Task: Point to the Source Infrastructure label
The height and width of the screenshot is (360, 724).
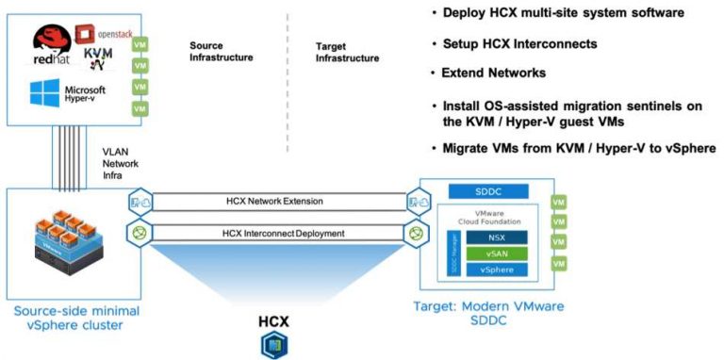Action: [x=221, y=51]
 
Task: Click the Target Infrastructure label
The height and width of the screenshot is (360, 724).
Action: [x=347, y=51]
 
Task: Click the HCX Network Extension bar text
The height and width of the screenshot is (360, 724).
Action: [x=273, y=201]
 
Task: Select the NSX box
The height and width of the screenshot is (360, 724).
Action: [x=497, y=238]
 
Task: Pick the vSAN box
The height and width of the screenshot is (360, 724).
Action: [x=497, y=254]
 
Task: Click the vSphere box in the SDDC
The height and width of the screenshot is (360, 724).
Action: [x=497, y=270]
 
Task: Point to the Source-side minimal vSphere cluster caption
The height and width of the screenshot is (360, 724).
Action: [x=71, y=319]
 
